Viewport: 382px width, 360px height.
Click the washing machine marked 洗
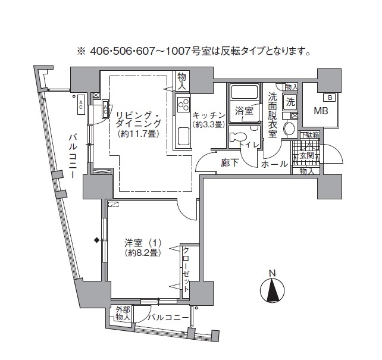point(290,101)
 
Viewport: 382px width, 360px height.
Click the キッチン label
point(209,115)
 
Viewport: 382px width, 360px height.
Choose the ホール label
point(274,164)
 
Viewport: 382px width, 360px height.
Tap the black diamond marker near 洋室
point(96,240)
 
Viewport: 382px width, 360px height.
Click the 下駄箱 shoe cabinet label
point(309,135)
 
